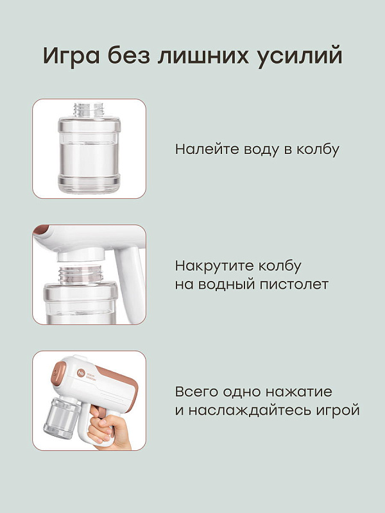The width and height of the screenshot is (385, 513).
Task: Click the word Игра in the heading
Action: pyautogui.click(x=71, y=55)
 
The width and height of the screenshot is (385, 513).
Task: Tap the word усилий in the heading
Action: pyautogui.click(x=300, y=56)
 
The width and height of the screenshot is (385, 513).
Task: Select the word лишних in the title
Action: pyautogui.click(x=203, y=56)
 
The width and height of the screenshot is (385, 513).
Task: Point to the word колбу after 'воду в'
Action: pyautogui.click(x=318, y=149)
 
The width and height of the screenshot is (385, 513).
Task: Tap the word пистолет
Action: pyautogui.click(x=294, y=284)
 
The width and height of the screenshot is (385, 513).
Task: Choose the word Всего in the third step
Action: pyautogui.click(x=198, y=392)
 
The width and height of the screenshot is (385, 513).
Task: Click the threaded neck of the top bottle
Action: pyautogui.click(x=89, y=110)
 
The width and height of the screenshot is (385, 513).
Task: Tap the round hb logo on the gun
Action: pyautogui.click(x=81, y=373)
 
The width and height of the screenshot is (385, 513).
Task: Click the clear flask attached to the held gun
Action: pyautogui.click(x=62, y=417)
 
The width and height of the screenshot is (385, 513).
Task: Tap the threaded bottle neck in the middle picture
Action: pyautogui.click(x=81, y=274)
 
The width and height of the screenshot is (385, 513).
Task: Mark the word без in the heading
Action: pyautogui.click(x=129, y=55)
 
